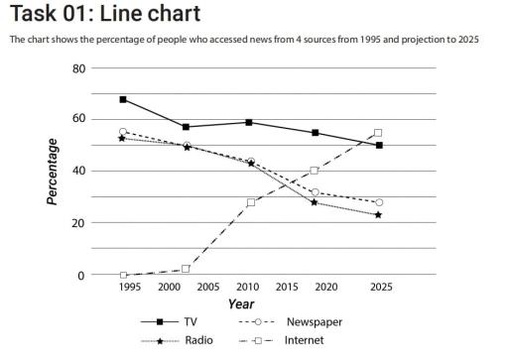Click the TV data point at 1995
pyautogui.click(x=123, y=99)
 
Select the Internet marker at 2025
pyautogui.click(x=378, y=133)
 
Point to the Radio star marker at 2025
pyautogui.click(x=378, y=214)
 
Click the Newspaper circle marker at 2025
pyautogui.click(x=378, y=202)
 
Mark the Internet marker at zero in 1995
pyautogui.click(x=123, y=275)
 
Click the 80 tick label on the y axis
pyautogui.click(x=79, y=68)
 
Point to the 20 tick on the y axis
pyautogui.click(x=79, y=223)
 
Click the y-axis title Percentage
pyautogui.click(x=52, y=171)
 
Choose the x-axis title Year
pyautogui.click(x=241, y=303)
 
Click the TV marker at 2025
pyautogui.click(x=378, y=145)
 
